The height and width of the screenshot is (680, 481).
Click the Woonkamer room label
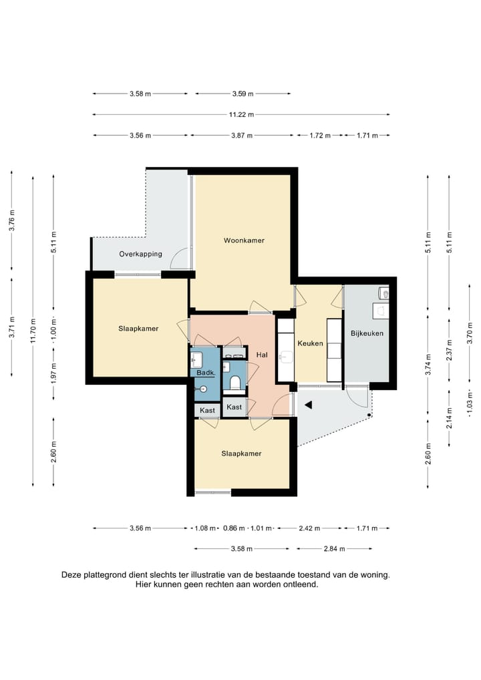[244, 240]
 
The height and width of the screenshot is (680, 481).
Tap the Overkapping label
[140, 254]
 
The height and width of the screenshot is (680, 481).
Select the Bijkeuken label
[367, 333]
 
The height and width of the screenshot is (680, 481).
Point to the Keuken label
[310, 343]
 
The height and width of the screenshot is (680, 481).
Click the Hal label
[262, 355]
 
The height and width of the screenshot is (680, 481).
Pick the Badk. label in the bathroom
[206, 373]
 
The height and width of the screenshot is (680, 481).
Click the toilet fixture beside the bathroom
[234, 383]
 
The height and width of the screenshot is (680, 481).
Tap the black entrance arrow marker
[309, 405]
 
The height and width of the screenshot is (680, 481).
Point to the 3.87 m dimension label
[242, 136]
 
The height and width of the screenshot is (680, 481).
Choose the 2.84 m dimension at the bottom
[335, 549]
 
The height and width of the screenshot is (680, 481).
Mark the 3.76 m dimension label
[13, 220]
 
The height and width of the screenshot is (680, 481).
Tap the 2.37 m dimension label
[450, 350]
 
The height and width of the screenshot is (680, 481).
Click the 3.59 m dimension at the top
[243, 94]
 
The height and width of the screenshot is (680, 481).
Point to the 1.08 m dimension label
[205, 528]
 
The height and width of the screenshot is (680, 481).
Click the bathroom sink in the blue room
[196, 358]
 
